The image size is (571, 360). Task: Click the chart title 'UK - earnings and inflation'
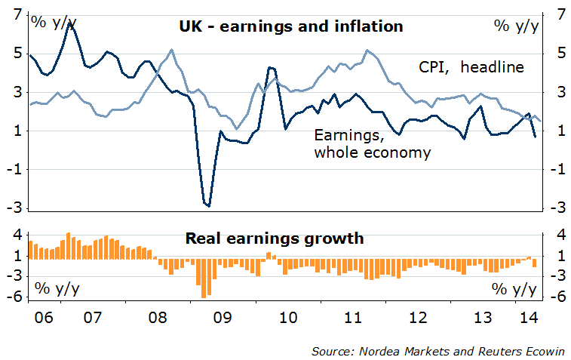pos(291,26)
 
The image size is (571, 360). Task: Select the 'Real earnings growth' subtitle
pos(275,239)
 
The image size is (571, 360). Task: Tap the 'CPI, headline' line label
pos(471,67)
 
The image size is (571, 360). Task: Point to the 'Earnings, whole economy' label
pos(372,144)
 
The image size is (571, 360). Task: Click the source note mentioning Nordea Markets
pos(441,351)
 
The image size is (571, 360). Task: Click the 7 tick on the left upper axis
pos(15,14)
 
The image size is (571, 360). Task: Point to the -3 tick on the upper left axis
pos(13,208)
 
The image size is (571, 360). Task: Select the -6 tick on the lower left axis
pos(13,296)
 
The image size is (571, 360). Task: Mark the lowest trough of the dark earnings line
pos(208,205)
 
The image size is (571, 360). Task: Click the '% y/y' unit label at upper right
pos(516,26)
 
